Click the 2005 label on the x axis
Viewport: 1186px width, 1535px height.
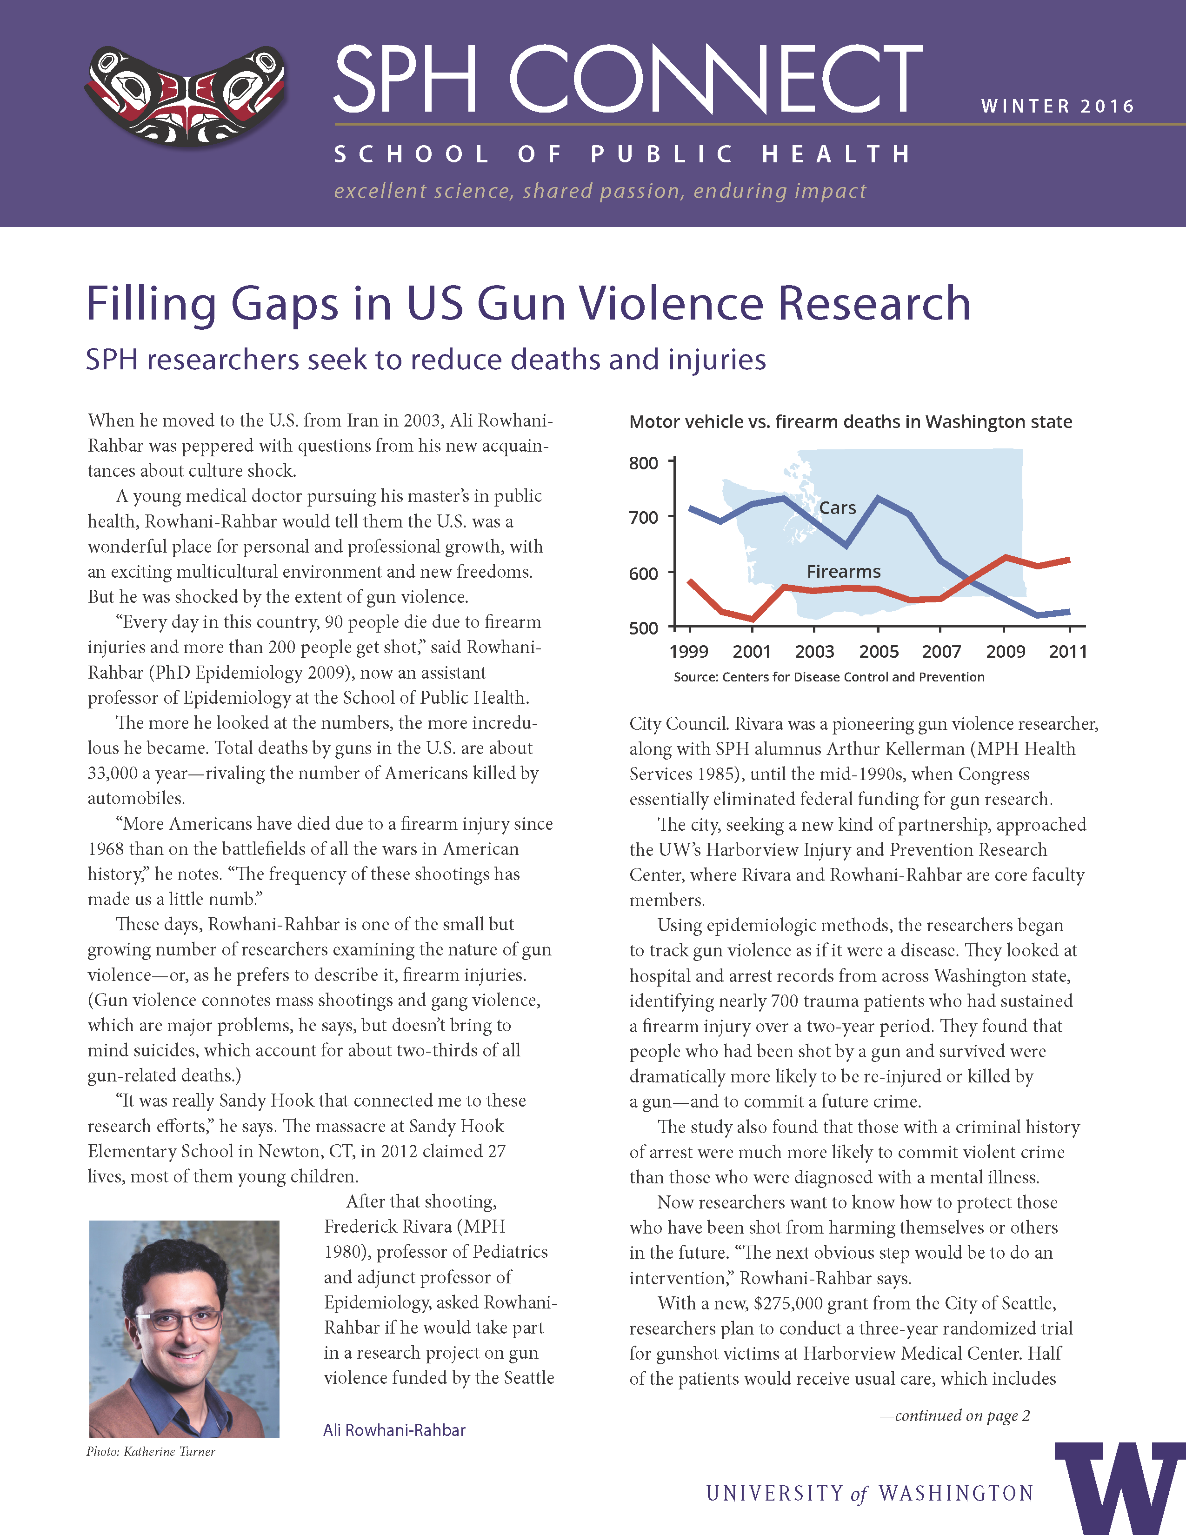pyautogui.click(x=878, y=652)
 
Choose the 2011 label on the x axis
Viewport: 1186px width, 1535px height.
pyautogui.click(x=1068, y=652)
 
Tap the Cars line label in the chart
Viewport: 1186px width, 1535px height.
pyautogui.click(x=838, y=507)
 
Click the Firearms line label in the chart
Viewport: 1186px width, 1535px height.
pyautogui.click(x=843, y=571)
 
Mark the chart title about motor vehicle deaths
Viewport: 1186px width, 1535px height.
pyautogui.click(x=850, y=422)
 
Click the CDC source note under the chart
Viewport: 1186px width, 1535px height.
pyautogui.click(x=829, y=677)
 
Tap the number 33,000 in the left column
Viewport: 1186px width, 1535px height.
pyautogui.click(x=113, y=773)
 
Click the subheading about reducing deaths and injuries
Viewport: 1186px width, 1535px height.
pyautogui.click(x=425, y=359)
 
